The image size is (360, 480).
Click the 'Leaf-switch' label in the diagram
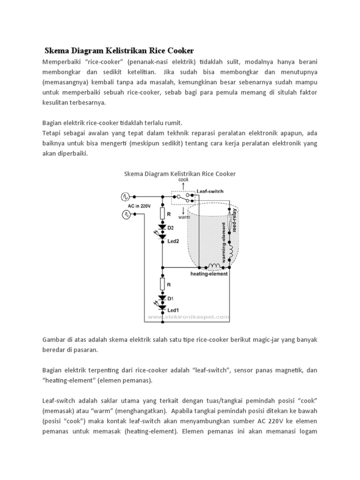point(210,191)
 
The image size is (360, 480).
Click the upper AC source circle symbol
point(126,197)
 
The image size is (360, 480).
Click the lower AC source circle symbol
point(126,214)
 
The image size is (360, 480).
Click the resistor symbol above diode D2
point(162,214)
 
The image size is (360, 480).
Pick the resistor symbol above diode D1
point(162,284)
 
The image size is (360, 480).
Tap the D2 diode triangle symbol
point(162,227)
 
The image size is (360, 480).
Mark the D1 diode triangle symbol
point(162,297)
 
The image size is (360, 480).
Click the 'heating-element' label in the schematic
point(209,274)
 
